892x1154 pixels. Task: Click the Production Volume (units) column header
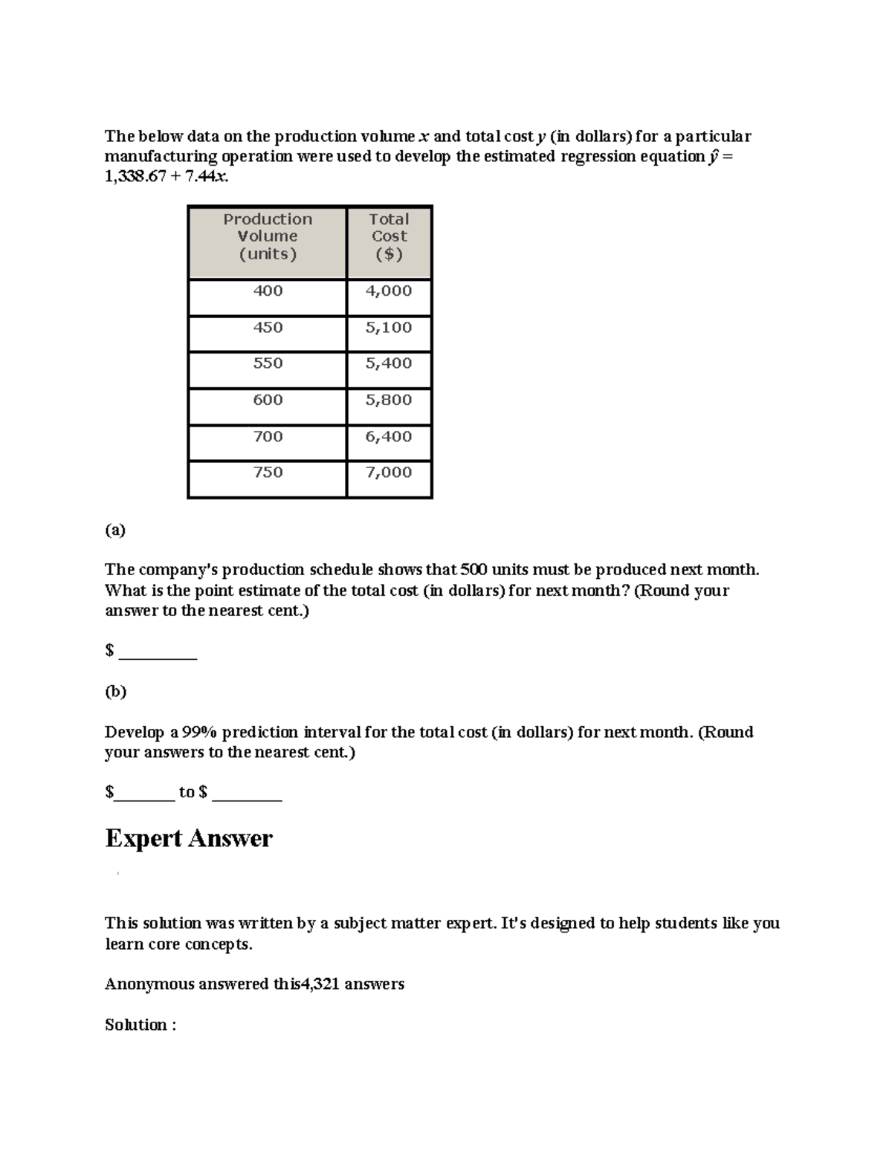[268, 236]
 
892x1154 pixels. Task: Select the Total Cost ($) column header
[389, 236]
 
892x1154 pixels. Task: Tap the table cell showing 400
[268, 291]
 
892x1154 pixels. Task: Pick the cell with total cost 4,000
[389, 291]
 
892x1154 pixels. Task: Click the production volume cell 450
[268, 328]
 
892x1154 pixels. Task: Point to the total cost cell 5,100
[389, 328]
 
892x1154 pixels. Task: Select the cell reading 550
[268, 363]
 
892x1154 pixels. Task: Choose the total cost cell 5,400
[389, 363]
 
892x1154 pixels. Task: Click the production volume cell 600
[268, 400]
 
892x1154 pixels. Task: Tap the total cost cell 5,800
[389, 400]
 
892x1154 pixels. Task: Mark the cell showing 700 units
[268, 437]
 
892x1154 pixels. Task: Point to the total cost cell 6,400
[389, 437]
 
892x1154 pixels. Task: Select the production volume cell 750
[268, 473]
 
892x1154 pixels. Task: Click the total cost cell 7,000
[389, 473]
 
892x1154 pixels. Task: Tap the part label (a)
[115, 530]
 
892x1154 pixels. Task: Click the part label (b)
[115, 692]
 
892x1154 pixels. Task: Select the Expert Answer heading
[189, 838]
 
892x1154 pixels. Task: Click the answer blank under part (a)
[158, 652]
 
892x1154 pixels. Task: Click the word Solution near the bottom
[136, 1025]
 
